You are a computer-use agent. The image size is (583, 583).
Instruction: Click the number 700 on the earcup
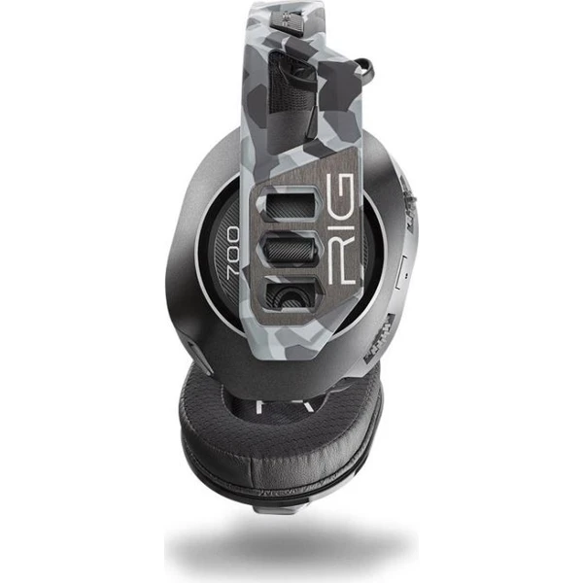[234, 251]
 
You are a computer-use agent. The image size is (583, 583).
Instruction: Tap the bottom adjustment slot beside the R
[291, 292]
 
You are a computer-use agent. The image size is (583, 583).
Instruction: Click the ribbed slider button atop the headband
[284, 19]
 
